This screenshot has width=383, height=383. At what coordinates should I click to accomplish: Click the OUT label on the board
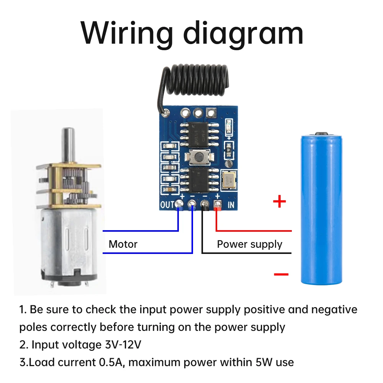167,205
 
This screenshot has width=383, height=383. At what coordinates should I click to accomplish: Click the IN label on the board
231,205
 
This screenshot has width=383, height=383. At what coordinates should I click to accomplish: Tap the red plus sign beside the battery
279,201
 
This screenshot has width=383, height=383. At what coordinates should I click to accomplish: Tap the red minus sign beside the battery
281,274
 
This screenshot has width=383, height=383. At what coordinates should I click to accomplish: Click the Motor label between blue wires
123,244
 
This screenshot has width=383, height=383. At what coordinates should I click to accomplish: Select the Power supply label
249,244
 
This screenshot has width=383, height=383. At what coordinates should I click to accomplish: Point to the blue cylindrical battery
321,209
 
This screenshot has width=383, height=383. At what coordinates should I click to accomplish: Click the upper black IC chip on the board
199,134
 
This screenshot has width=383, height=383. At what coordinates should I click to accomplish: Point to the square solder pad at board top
211,113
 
